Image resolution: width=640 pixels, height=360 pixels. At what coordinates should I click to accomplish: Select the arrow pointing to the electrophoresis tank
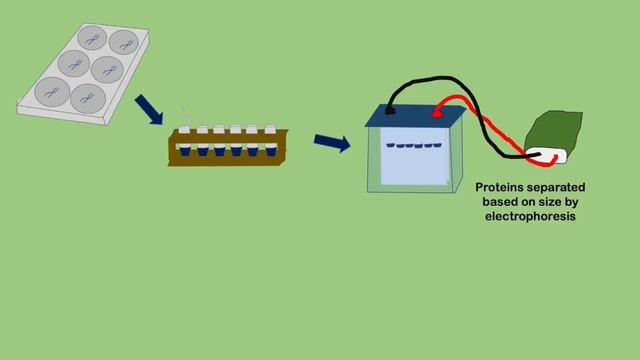(x=331, y=142)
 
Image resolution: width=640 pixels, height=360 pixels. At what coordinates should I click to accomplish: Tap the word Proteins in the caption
(x=501, y=187)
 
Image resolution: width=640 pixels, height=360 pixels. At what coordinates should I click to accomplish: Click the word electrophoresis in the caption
(x=530, y=215)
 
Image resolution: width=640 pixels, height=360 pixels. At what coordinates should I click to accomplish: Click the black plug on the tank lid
(x=390, y=114)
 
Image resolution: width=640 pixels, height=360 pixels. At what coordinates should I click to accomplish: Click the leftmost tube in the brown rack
(x=187, y=142)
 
